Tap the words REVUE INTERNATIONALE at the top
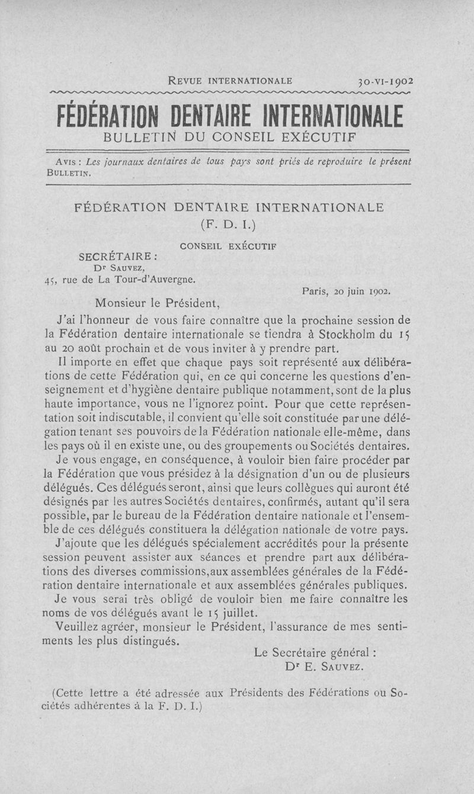coord(230,81)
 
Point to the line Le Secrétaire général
coord(316,653)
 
